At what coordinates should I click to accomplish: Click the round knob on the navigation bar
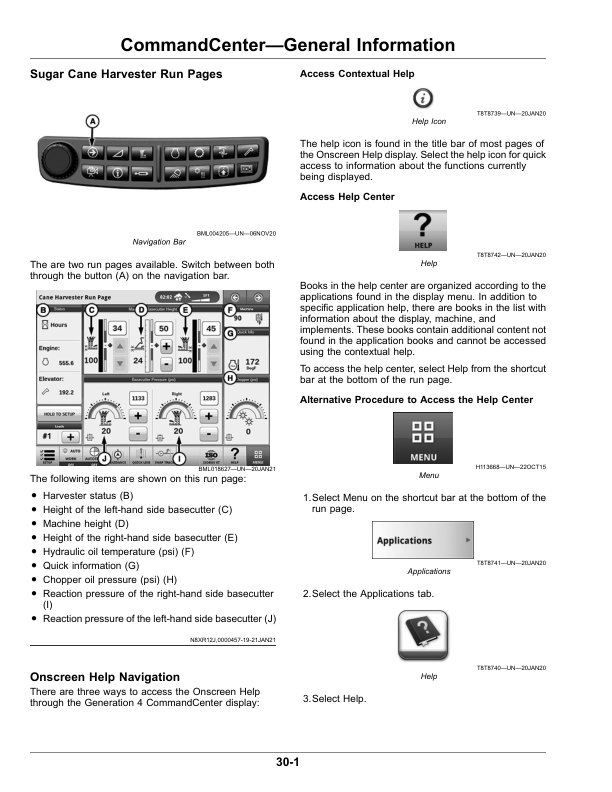click(x=58, y=160)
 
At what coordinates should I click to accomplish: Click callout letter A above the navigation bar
click(x=92, y=122)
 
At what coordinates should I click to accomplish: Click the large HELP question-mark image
click(x=423, y=229)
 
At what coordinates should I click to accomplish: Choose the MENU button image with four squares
click(x=423, y=438)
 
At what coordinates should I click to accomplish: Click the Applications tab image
click(x=423, y=541)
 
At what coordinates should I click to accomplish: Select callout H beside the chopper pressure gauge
click(x=229, y=379)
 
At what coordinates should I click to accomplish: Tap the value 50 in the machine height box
click(x=162, y=328)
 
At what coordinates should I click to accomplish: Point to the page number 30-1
click(x=288, y=763)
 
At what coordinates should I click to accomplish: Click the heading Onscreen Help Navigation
click(x=105, y=677)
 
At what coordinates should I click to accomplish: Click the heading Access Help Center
click(x=347, y=197)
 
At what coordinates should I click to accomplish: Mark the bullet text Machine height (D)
click(x=87, y=523)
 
